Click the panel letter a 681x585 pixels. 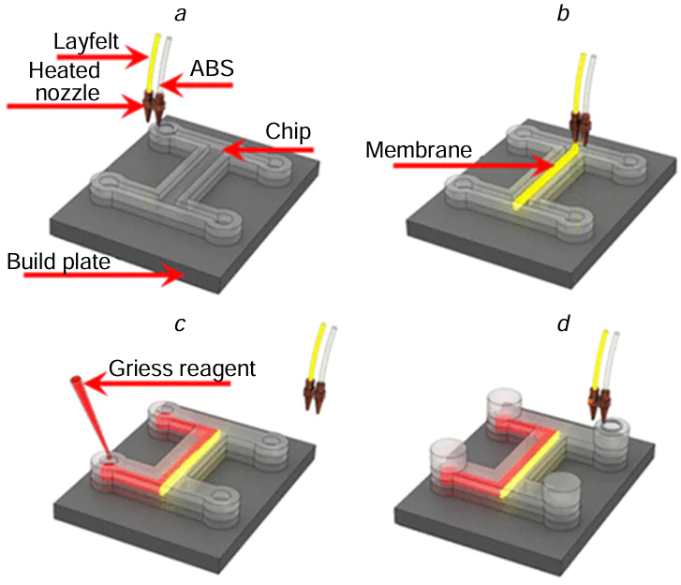pyautogui.click(x=182, y=13)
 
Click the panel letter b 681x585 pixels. pyautogui.click(x=537, y=13)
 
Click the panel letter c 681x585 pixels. pyautogui.click(x=182, y=323)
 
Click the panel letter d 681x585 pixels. pyautogui.click(x=537, y=323)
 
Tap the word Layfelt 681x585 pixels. pyautogui.click(x=82, y=42)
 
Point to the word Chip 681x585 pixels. pyautogui.click(x=289, y=128)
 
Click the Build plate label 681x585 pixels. pyautogui.click(x=59, y=261)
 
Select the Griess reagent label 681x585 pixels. pyautogui.click(x=182, y=367)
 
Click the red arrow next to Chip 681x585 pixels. pyautogui.click(x=267, y=148)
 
